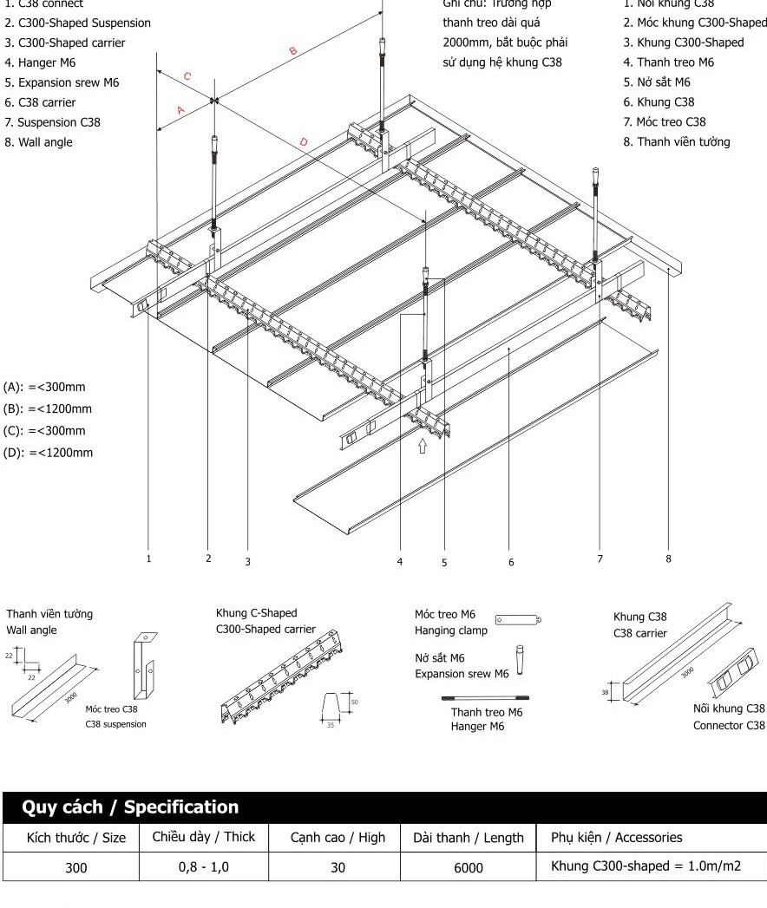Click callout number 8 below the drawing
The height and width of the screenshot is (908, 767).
click(668, 559)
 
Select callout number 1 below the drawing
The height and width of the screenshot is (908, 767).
click(148, 559)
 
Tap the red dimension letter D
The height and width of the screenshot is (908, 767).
click(303, 141)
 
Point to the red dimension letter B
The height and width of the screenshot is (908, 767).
click(292, 52)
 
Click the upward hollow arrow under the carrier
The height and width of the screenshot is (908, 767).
click(423, 446)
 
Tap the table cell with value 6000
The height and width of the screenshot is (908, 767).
click(469, 866)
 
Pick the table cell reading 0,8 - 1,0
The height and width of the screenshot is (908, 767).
click(204, 866)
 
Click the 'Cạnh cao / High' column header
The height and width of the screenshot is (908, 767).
click(338, 838)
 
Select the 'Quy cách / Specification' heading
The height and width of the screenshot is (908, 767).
click(130, 807)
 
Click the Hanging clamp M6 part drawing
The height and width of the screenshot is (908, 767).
click(518, 619)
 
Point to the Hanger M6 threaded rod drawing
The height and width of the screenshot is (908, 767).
click(486, 696)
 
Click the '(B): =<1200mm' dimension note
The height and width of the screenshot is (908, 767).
click(48, 409)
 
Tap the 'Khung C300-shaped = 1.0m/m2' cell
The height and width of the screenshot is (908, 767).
click(646, 866)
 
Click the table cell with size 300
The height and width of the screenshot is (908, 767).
click(76, 866)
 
